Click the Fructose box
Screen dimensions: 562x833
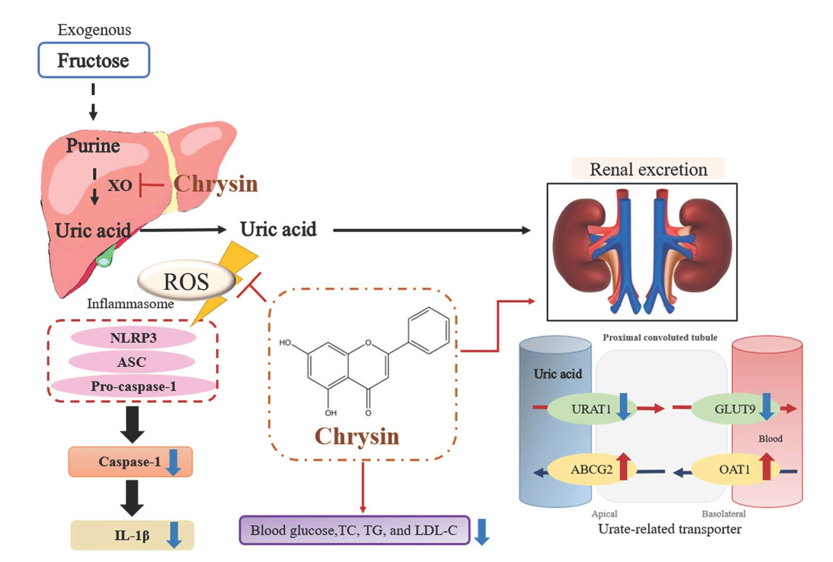coord(93,60)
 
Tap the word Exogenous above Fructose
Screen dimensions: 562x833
coord(94,30)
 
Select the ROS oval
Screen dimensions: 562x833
coord(186,281)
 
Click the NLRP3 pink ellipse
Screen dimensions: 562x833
coord(133,337)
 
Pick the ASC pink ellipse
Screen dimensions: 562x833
coord(131,362)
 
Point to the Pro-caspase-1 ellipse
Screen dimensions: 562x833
coord(133,386)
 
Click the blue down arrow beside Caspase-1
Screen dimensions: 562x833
coord(173,462)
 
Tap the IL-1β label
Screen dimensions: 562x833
coord(132,535)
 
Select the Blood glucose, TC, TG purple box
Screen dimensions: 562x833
coord(354,530)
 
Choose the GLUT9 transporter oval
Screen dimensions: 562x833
coord(734,409)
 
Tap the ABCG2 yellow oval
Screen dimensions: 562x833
coord(591,470)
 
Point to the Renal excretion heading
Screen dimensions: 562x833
coord(648,169)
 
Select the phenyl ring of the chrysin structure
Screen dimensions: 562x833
coord(429,330)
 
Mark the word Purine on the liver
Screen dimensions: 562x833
coord(93,146)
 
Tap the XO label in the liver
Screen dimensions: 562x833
coord(120,185)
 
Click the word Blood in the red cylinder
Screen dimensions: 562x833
coord(770,439)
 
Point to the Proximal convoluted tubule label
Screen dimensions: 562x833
coord(660,337)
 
